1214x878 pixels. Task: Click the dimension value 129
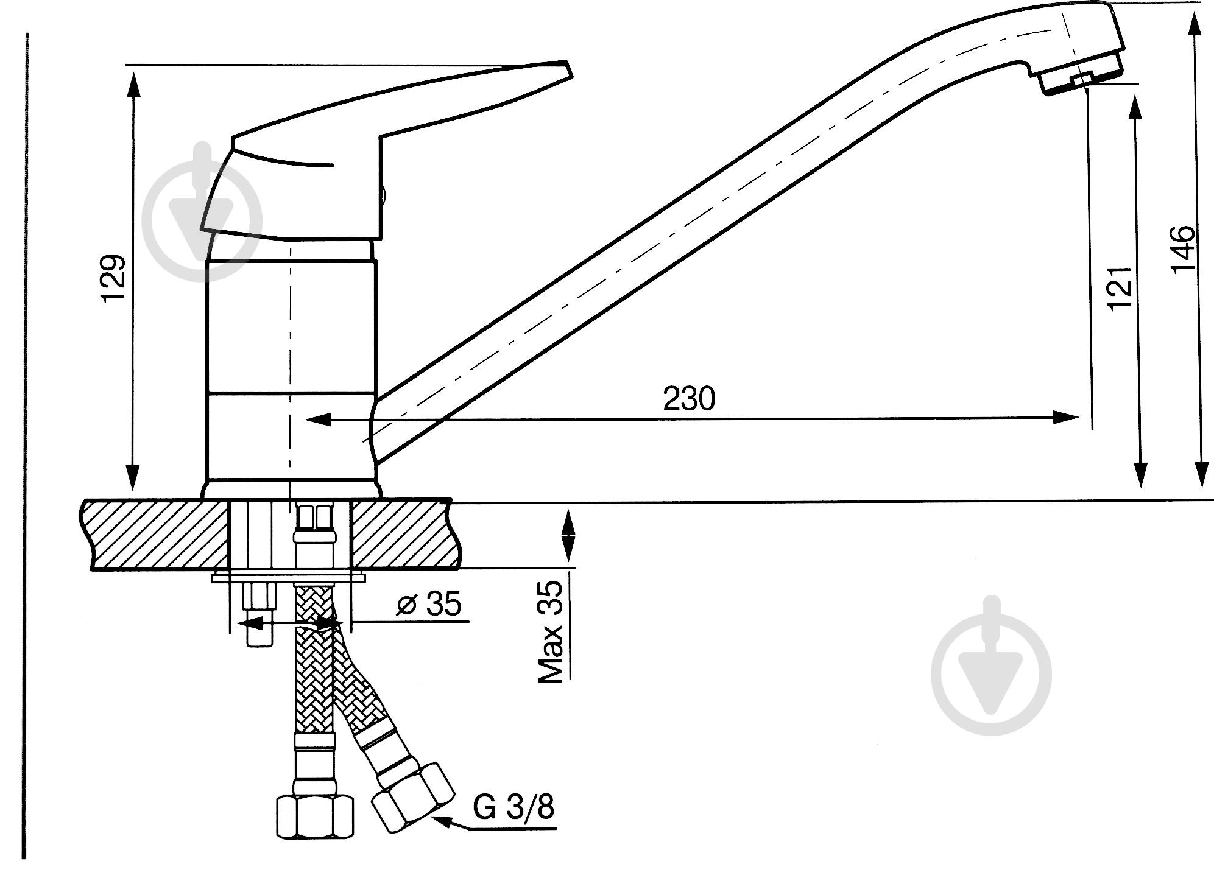point(115,278)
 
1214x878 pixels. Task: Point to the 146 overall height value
point(1183,251)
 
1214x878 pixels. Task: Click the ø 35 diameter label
point(429,605)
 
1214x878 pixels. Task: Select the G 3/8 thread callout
point(514,809)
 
